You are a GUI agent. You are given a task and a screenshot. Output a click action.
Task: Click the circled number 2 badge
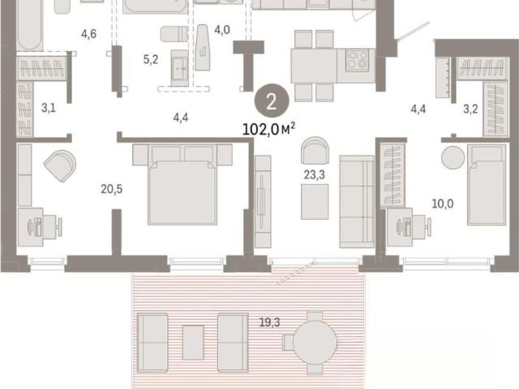[x=272, y=102]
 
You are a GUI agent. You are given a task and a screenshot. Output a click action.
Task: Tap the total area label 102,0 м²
[x=268, y=129]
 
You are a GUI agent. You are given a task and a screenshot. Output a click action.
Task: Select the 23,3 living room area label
[x=315, y=175]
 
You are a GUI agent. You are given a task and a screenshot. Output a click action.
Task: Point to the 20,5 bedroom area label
[x=112, y=189]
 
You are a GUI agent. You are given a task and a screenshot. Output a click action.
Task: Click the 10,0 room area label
[x=443, y=203]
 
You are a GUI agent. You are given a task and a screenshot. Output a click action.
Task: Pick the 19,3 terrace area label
[x=269, y=322]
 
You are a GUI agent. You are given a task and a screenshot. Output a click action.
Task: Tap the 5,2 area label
[x=151, y=59]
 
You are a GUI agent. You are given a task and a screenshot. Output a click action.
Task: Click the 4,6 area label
[x=88, y=34]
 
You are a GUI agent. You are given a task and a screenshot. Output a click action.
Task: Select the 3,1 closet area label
[x=49, y=108]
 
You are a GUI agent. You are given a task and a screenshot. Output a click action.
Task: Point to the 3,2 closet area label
[x=470, y=109]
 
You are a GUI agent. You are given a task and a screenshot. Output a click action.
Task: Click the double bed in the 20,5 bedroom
[x=182, y=185]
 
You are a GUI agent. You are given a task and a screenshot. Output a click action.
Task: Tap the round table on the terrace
[x=315, y=342]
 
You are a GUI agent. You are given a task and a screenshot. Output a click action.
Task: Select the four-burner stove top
[x=358, y=60]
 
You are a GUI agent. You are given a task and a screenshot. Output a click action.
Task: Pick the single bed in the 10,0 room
[x=487, y=185]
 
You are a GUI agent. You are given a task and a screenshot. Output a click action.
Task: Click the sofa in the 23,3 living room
[x=357, y=202]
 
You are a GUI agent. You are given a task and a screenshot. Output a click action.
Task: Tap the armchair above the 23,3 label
[x=315, y=151]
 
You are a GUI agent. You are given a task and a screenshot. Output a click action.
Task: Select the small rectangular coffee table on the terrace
[x=193, y=342]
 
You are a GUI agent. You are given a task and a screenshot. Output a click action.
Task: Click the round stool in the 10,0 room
[x=453, y=157]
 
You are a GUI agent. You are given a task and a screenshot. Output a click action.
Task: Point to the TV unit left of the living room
[x=263, y=202]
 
